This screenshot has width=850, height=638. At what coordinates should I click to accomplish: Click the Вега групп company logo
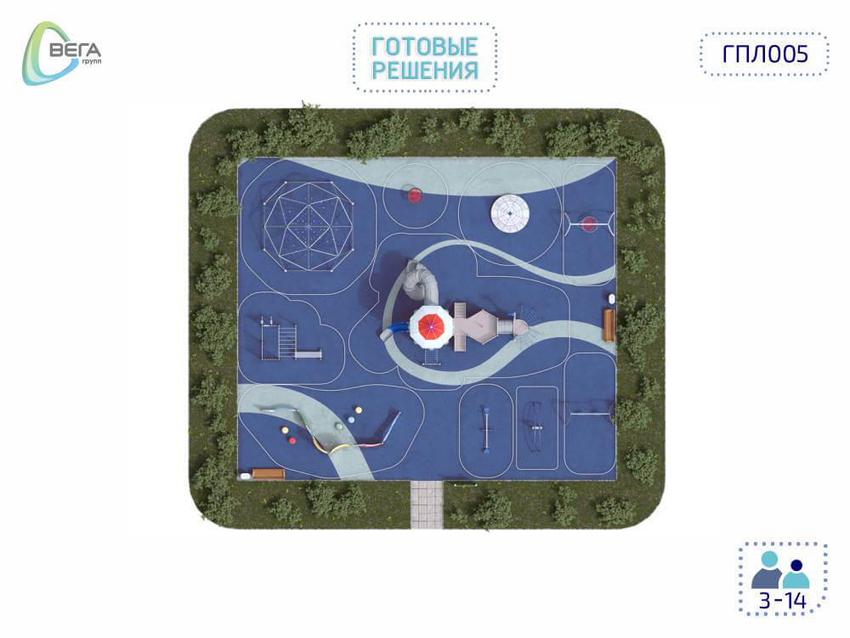pos(60,54)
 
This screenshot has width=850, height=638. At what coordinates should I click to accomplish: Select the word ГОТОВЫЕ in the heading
pos(424,47)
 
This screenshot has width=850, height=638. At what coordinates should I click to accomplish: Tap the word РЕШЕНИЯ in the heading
pos(425,71)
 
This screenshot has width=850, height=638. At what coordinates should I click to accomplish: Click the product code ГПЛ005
pos(765,54)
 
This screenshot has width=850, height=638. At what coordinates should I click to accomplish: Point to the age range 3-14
pos(783,601)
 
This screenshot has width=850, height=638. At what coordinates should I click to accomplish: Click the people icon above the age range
pos(780,570)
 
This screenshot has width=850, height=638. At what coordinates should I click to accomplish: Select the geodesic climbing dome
pos(309,225)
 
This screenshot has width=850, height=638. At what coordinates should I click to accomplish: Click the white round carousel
pos(510,213)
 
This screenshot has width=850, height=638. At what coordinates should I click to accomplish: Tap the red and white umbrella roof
pos(430,326)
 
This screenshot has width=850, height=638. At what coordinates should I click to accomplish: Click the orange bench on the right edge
pos(609,325)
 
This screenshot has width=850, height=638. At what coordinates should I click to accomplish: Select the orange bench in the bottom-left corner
pos(269,474)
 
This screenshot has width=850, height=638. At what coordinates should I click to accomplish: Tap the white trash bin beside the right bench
pos(611,298)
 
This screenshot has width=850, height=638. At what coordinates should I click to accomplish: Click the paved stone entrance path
pos(427,505)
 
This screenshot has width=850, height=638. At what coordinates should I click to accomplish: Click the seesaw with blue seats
pos(487,429)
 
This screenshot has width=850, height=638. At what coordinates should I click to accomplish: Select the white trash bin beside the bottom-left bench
pos(245,476)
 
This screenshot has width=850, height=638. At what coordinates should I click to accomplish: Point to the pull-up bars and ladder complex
pos(287,340)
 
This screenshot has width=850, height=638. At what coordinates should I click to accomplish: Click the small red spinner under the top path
pos(414,195)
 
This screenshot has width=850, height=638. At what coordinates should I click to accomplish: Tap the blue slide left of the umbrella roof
pos(394,330)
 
